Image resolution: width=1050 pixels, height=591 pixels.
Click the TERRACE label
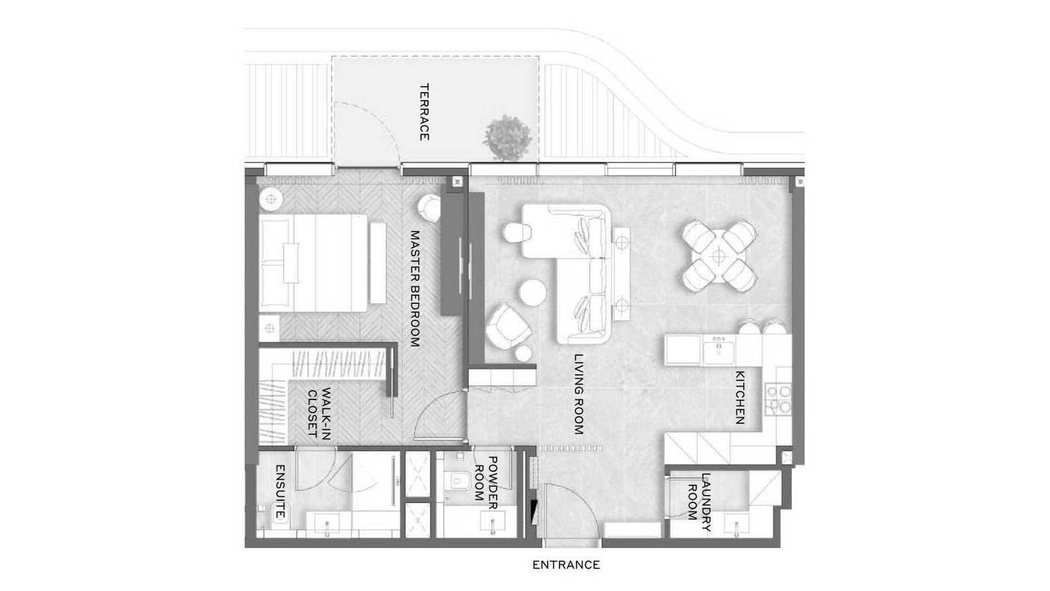click(x=424, y=112)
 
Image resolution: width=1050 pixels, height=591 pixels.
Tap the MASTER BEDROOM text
click(x=415, y=288)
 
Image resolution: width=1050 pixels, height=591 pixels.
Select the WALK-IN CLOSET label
click(x=319, y=413)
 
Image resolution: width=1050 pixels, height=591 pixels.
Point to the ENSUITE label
click(x=280, y=491)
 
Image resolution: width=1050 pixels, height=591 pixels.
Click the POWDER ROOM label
click(x=486, y=479)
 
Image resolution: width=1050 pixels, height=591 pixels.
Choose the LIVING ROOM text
click(x=579, y=394)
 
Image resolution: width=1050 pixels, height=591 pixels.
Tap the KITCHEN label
click(x=739, y=397)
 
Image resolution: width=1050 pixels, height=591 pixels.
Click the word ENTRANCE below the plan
click(x=566, y=565)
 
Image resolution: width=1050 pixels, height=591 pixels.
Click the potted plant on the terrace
click(x=507, y=137)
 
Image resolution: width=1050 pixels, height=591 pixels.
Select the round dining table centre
click(x=719, y=256)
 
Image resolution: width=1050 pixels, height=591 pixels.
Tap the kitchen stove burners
click(x=778, y=399)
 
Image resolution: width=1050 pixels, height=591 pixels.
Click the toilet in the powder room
click(x=460, y=481)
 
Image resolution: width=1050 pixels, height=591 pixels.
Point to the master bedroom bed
click(x=313, y=263)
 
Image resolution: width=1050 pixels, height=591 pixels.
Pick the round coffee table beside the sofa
click(x=533, y=293)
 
